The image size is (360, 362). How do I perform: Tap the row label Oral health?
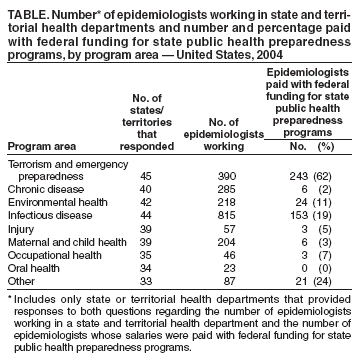(29, 268)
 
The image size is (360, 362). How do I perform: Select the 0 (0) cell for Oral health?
(318, 268)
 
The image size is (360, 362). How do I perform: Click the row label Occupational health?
(49, 255)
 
